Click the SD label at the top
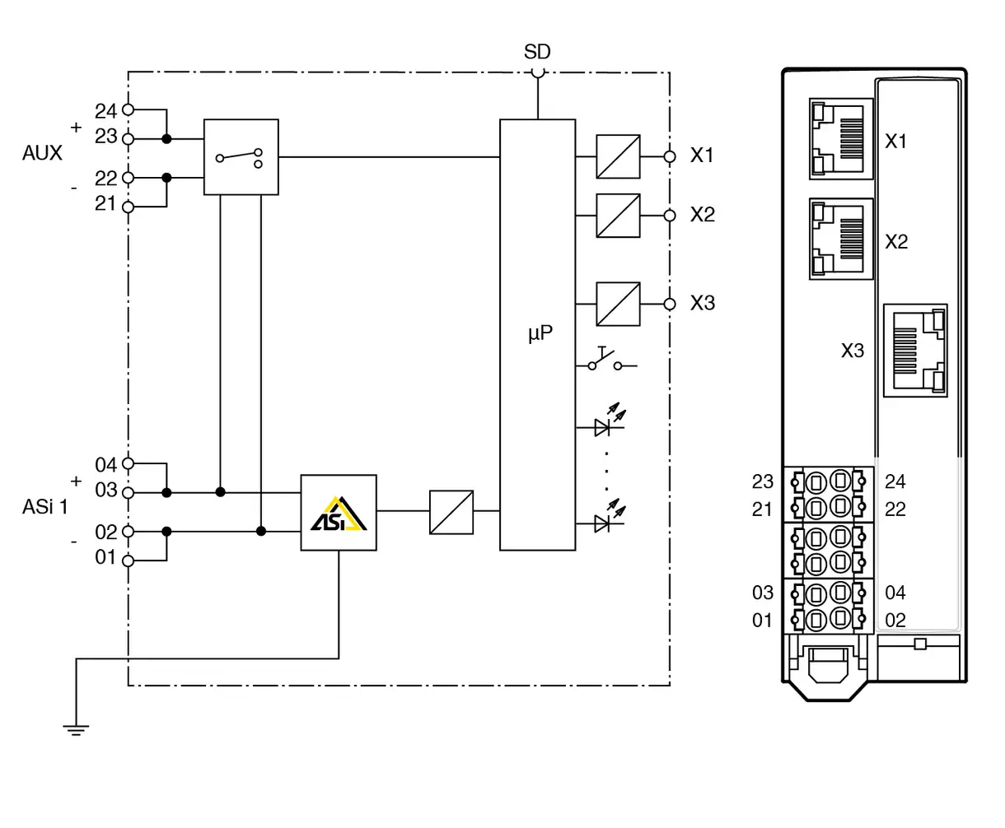[x=537, y=52]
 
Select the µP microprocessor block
[x=537, y=334]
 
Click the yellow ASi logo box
[x=339, y=513]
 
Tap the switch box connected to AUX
[x=241, y=156]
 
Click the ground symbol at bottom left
[x=76, y=728]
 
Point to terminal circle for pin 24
[x=128, y=109]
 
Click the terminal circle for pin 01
[x=128, y=561]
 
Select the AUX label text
[x=42, y=154]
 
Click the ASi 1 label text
[x=45, y=507]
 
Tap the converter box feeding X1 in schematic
[x=619, y=156]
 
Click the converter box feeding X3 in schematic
[x=619, y=305]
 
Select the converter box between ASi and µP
[x=451, y=512]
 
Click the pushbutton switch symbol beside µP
[x=610, y=361]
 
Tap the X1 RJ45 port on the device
[x=841, y=139]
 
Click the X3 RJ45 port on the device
[x=915, y=351]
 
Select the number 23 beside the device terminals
[x=763, y=481]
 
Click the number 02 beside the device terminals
[x=895, y=621]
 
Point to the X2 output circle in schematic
[x=670, y=216]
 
